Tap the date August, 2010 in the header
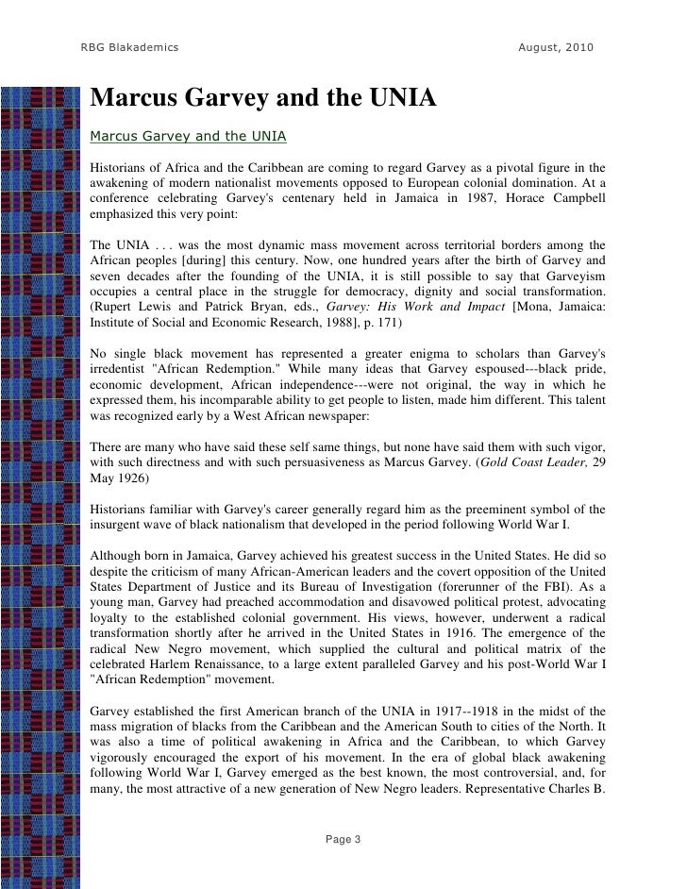pos(556,47)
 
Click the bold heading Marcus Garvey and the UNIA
pos(262,98)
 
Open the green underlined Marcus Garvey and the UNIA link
pos(187,136)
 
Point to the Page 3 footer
pos(343,839)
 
